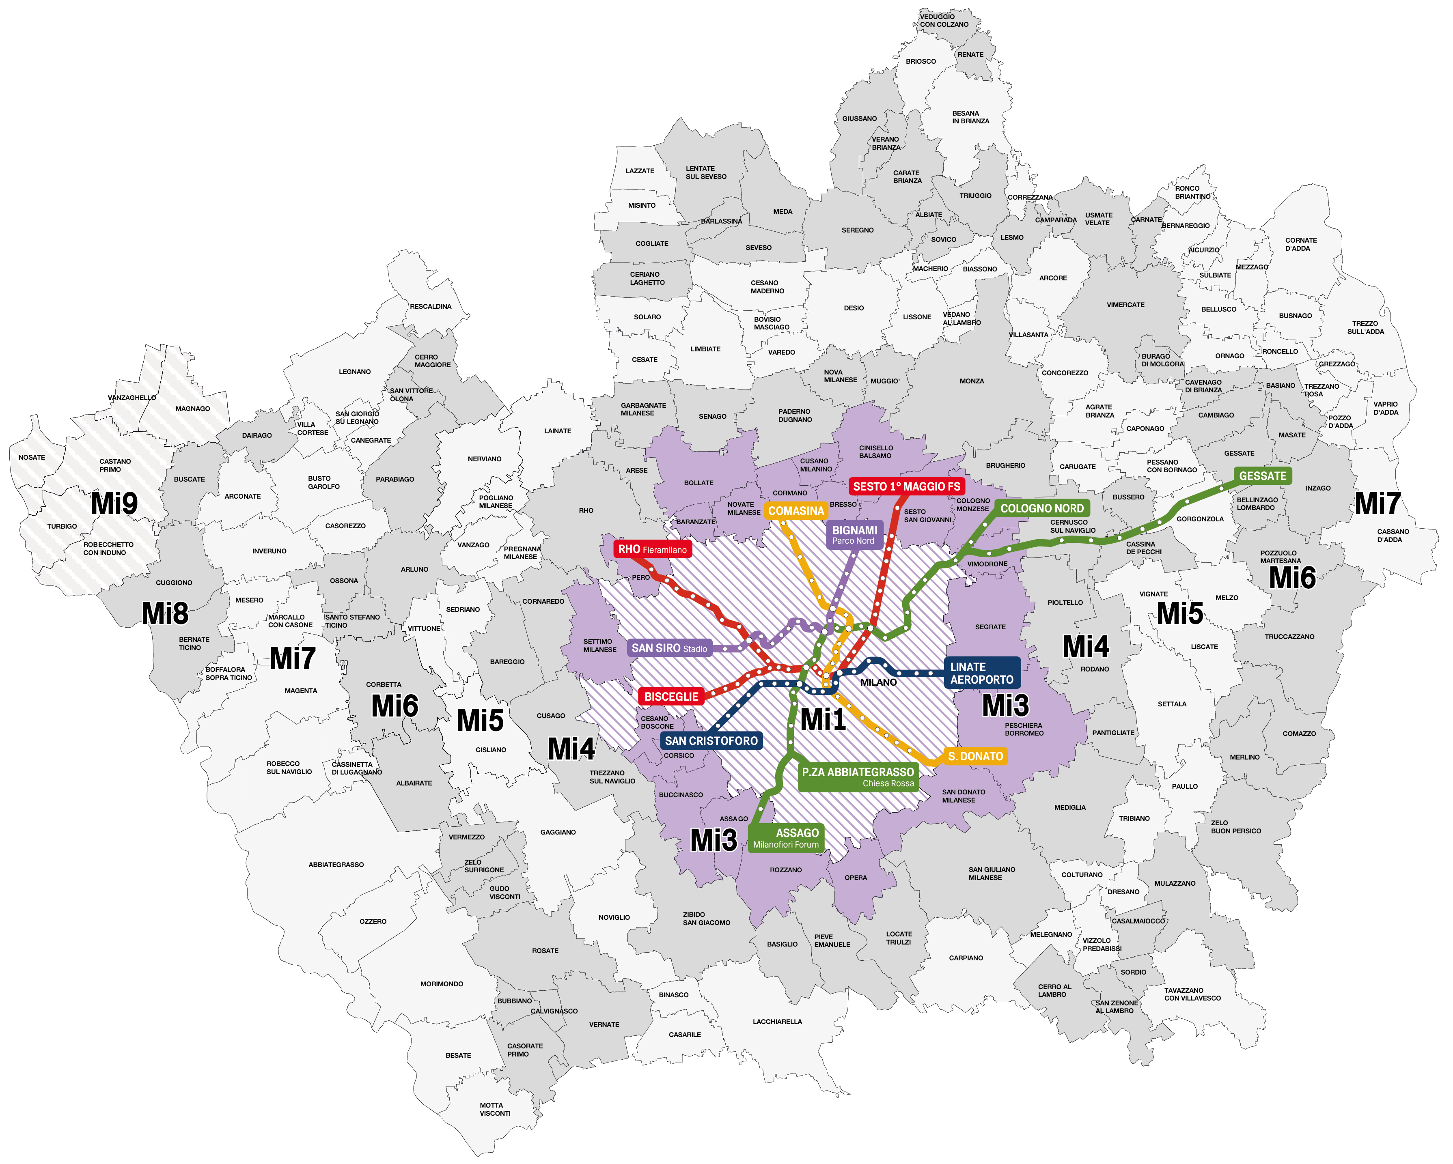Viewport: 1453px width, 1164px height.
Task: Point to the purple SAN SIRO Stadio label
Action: [669, 648]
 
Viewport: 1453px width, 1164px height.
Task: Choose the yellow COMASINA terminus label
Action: [796, 511]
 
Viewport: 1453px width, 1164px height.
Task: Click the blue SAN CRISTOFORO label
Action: [711, 741]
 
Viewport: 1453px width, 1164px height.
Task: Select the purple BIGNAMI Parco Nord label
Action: [854, 535]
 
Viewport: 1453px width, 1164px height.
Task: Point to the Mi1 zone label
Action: [823, 719]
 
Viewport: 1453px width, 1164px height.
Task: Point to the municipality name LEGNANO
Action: [354, 372]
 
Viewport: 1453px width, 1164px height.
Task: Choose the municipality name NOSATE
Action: [32, 457]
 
